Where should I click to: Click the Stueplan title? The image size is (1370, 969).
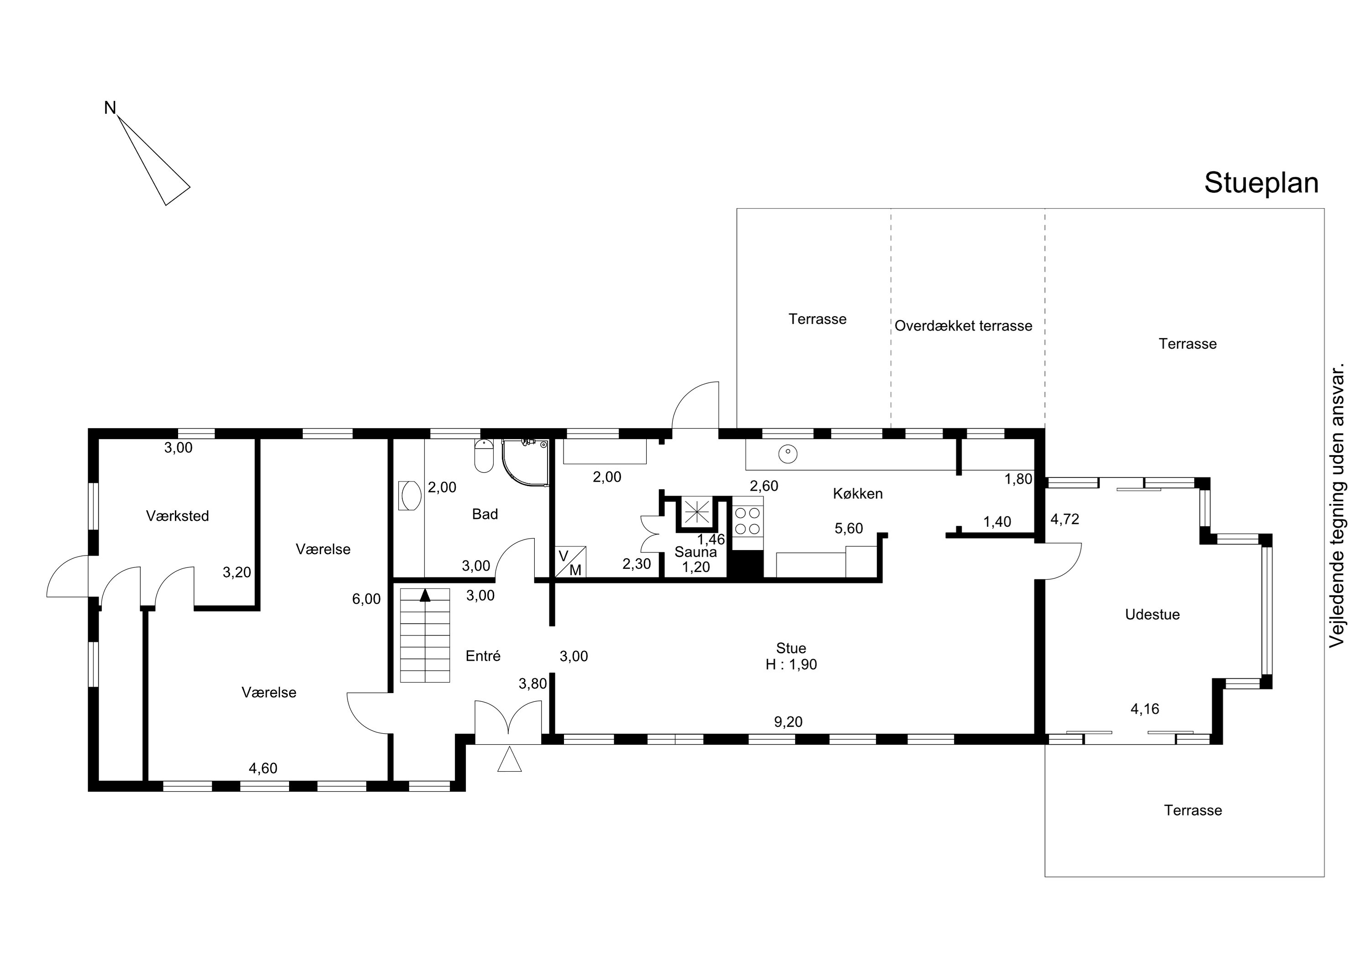1261,183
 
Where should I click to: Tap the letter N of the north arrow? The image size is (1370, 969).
110,108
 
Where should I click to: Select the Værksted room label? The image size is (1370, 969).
177,516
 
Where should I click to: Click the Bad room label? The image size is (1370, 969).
485,514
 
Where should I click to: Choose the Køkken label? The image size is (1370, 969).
858,494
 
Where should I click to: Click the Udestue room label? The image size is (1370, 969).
1152,614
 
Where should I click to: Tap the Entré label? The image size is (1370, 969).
483,656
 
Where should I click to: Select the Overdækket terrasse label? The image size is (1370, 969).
963,326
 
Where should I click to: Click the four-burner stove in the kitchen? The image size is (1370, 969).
748,520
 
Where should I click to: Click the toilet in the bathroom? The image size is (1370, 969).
484,455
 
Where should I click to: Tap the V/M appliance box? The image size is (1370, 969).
570,562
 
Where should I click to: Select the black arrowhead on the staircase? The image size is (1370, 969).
425,595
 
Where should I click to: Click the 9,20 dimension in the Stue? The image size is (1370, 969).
788,722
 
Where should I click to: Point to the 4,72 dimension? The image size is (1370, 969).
1064,519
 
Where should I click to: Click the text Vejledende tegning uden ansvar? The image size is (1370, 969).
1337,503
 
